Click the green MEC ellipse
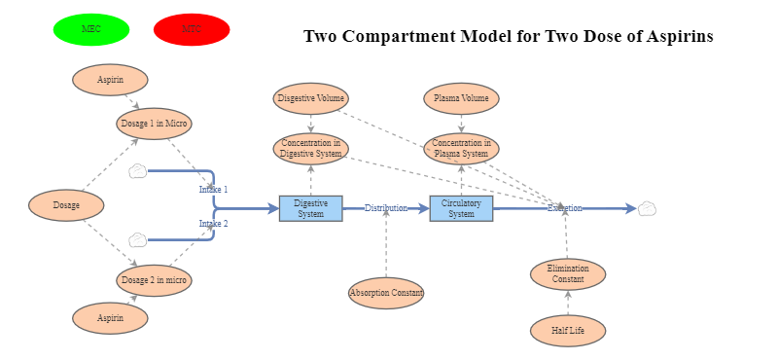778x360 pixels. tap(91, 29)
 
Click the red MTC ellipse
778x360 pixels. tap(192, 29)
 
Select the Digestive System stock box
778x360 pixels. tap(310, 208)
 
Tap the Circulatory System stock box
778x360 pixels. tap(461, 208)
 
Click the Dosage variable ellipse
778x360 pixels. tap(66, 205)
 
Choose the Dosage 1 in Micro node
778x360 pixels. tap(154, 124)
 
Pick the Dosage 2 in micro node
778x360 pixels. tap(154, 280)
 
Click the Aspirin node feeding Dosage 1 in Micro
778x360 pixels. tap(110, 80)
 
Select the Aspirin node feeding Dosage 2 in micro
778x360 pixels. tap(110, 318)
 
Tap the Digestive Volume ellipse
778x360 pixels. tap(310, 98)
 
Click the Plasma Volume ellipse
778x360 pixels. tap(461, 98)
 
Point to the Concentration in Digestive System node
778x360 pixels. tap(310, 149)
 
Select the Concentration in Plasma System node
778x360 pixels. tap(461, 149)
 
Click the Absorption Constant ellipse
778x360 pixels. tap(386, 292)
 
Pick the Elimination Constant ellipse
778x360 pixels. tap(568, 274)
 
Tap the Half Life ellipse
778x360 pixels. tap(568, 331)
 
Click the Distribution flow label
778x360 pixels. tap(386, 208)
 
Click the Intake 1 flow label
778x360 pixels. tap(213, 190)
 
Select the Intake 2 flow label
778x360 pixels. tap(213, 224)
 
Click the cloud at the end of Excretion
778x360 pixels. tap(647, 208)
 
